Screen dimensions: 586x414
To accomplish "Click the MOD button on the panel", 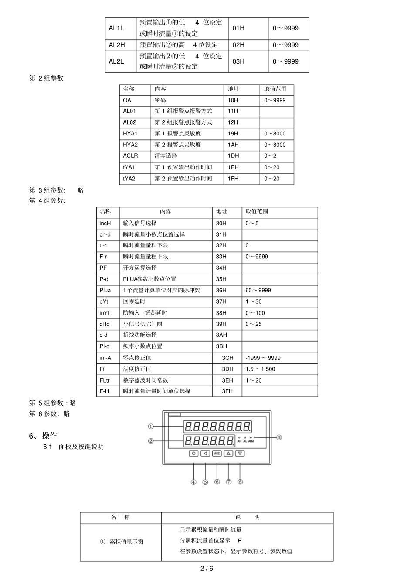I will pos(217,454).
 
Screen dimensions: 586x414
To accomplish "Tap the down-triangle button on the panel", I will pos(240,454).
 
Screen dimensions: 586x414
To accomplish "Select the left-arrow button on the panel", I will pos(205,454).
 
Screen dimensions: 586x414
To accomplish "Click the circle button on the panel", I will pos(193,454).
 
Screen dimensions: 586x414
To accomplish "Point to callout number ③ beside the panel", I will pos(279,437).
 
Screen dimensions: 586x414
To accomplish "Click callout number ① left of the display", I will pos(151,427).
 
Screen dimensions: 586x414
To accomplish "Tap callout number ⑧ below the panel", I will pos(240,482).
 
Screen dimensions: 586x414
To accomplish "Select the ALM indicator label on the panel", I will pos(251,441).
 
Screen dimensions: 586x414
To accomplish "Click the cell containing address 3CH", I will pos(227,358).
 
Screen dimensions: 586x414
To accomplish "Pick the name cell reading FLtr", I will pos(105,380).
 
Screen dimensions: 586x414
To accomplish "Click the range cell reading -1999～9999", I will pos(263,358).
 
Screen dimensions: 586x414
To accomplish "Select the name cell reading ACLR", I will pos(130,156).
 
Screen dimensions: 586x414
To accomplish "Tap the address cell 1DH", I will pos(233,156).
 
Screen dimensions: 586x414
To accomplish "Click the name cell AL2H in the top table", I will pos(117,45).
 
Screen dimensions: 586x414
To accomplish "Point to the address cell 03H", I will pos(238,61).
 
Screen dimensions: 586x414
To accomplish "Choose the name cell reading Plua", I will pos(105,290).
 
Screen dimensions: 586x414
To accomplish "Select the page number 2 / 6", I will pos(207,568).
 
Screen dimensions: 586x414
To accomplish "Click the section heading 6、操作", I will pos(43,436).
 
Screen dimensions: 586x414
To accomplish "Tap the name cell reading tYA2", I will pos(129,179).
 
